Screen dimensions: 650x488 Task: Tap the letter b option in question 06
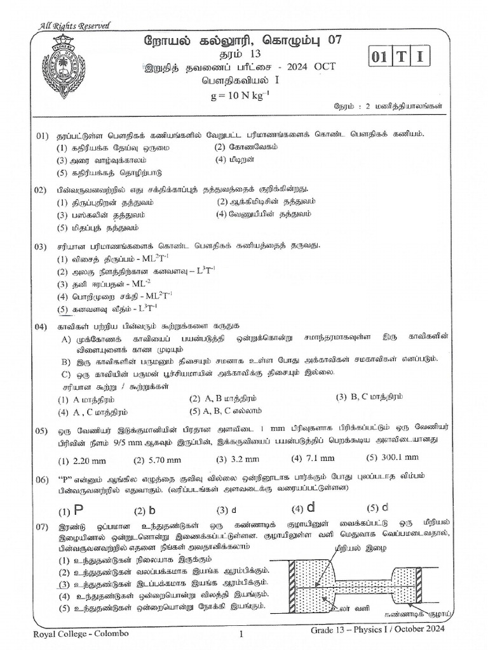[152, 510]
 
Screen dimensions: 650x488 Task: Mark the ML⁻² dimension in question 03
[126, 283]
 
